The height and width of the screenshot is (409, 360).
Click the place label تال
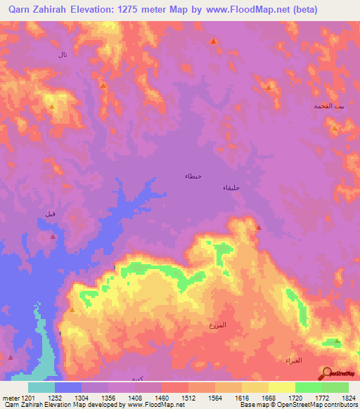click(63, 54)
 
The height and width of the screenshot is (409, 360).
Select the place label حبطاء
click(193, 175)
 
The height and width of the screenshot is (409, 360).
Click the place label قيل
click(50, 214)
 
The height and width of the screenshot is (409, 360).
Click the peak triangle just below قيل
click(53, 237)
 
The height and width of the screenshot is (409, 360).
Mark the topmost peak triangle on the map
click(213, 41)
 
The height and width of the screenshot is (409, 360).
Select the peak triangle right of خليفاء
click(258, 227)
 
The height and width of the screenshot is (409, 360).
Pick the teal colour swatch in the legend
click(41, 387)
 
